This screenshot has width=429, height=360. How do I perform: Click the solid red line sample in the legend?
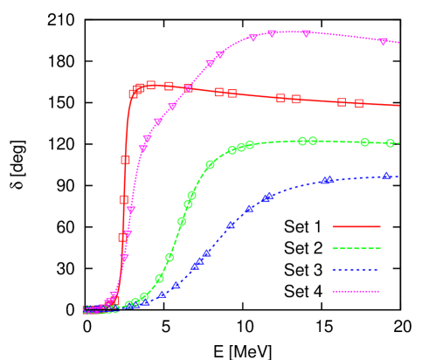click(x=356, y=226)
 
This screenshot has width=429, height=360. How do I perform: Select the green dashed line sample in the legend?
click(x=356, y=248)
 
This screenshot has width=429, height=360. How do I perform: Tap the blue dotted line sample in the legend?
click(x=356, y=269)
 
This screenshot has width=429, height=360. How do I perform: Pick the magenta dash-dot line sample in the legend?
click(x=356, y=291)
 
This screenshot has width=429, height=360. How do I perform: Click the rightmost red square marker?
click(x=358, y=103)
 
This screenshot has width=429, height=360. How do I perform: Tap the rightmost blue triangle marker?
click(x=385, y=177)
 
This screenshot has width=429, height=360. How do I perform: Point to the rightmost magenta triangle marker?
click(x=383, y=41)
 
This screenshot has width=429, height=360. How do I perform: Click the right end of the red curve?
click(x=399, y=106)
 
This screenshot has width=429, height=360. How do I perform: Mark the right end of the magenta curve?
click(x=399, y=43)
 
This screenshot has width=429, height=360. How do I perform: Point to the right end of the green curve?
click(x=399, y=143)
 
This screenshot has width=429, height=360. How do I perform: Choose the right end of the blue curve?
click(x=399, y=177)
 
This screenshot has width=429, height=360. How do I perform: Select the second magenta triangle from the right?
click(x=306, y=33)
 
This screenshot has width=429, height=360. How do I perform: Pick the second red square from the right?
click(x=342, y=102)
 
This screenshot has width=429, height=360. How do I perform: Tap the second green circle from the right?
click(x=364, y=142)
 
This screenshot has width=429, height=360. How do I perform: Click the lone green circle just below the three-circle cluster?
click(x=210, y=164)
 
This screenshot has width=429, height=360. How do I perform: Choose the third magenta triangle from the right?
click(x=272, y=33)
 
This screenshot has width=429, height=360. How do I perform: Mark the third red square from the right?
click(x=295, y=100)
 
